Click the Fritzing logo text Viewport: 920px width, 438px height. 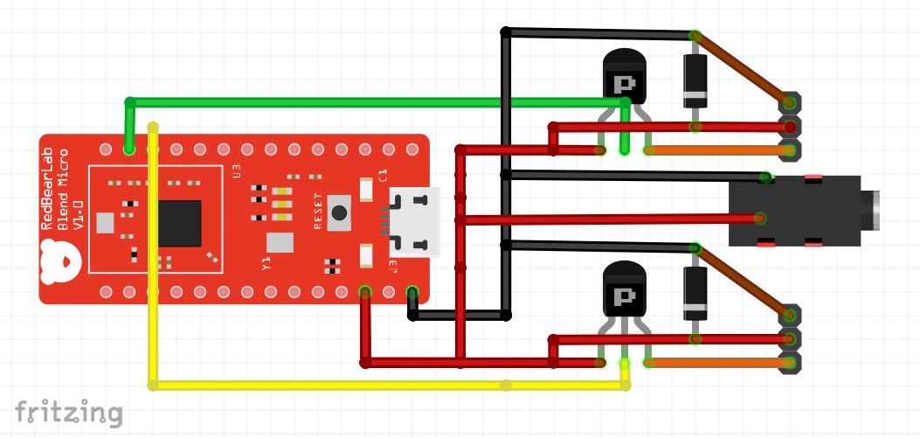[x=68, y=411]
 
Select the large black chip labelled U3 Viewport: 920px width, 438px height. [x=180, y=223]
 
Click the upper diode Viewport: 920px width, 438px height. [x=695, y=80]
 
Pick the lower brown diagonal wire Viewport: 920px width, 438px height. [x=743, y=280]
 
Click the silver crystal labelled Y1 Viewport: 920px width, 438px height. [x=280, y=242]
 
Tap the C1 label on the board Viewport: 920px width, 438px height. [x=382, y=174]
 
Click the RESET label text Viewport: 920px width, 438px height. [x=319, y=211]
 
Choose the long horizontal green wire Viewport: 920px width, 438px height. [x=376, y=101]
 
